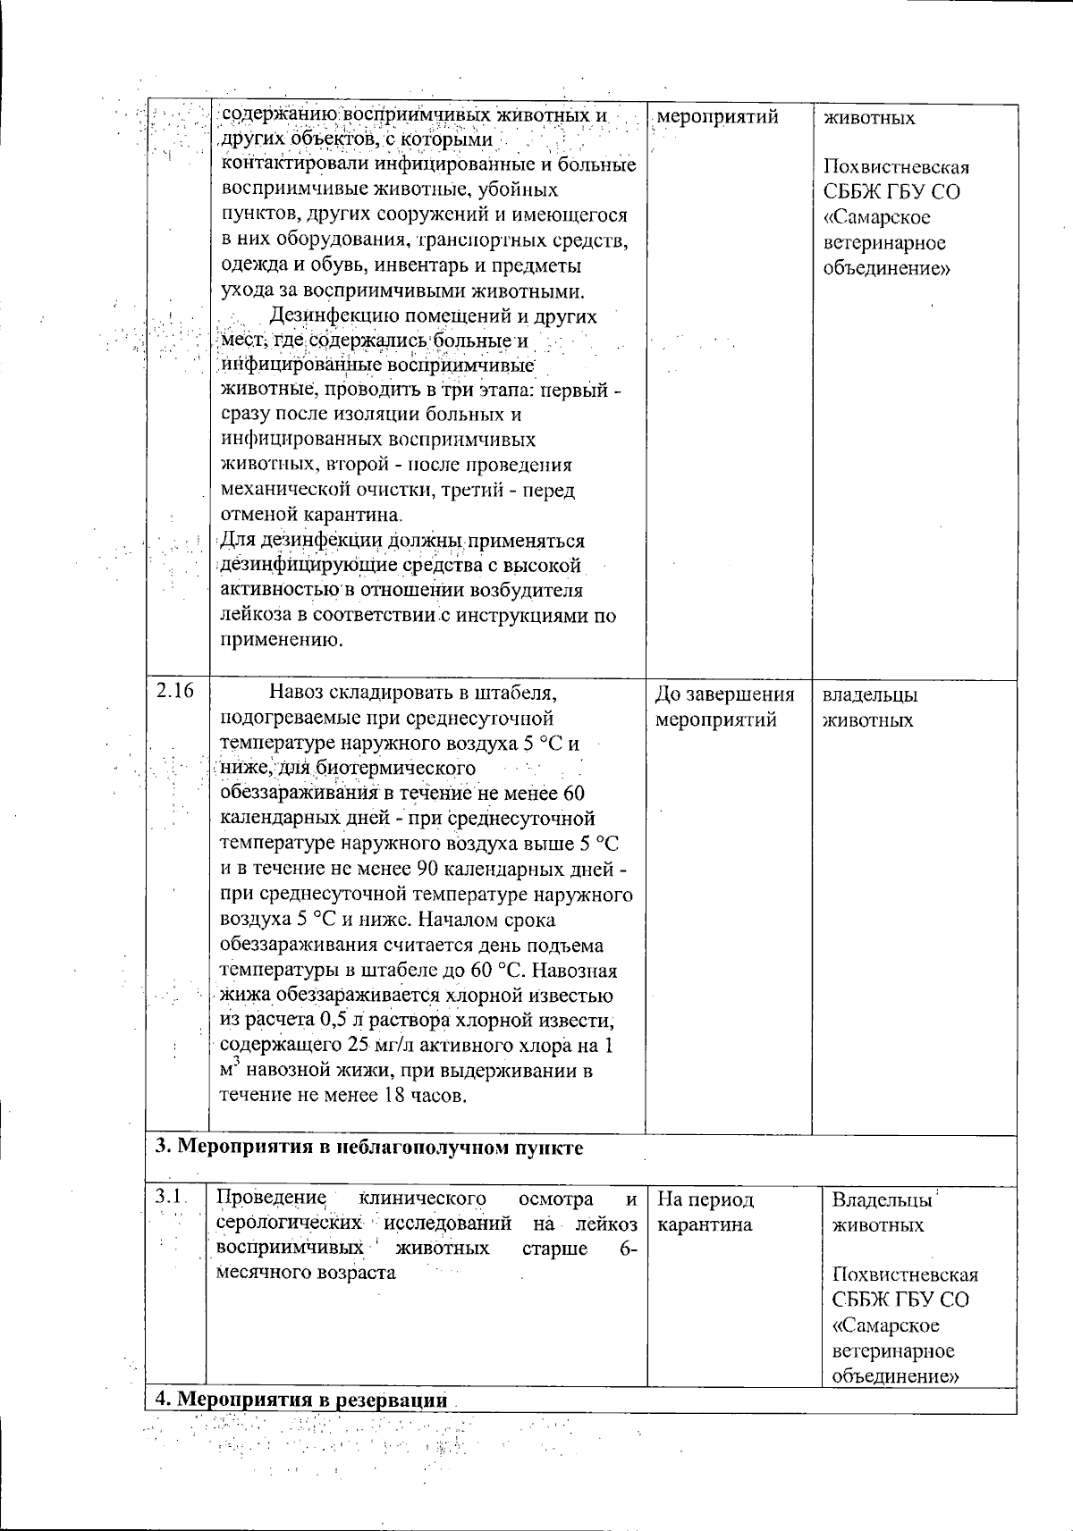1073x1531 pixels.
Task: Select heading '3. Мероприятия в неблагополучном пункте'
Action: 369,1148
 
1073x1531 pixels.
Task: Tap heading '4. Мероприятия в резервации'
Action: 301,1400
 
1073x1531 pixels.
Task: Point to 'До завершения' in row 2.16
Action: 724,694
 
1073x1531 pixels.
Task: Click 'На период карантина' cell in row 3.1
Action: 705,1212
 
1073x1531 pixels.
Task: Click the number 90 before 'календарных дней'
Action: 426,869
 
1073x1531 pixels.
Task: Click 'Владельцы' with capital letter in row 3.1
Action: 882,1200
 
